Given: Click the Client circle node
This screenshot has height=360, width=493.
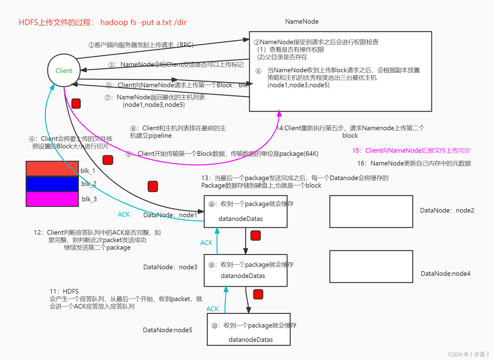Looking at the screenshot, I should pos(64,70).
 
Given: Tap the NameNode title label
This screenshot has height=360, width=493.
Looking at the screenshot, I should pos(301,22).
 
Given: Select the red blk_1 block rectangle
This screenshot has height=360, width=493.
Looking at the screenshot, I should pos(52,169).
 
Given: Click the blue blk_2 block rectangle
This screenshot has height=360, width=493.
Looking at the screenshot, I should pos(52,184).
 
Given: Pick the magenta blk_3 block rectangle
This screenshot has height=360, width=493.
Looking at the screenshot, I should pos(52,199).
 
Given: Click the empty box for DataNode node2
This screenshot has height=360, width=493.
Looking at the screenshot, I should pos(371,211).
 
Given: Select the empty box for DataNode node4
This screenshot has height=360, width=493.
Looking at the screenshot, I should pos(371,266).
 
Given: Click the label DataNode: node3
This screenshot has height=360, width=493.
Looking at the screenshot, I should pos(170,267).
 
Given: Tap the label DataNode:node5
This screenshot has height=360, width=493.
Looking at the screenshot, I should pos(167,330).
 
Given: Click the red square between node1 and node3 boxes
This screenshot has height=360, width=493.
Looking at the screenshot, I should pos(255,236).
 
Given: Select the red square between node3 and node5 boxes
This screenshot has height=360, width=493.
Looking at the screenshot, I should pos(258,294).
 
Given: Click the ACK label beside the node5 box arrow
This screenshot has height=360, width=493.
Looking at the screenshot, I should pos(212,309).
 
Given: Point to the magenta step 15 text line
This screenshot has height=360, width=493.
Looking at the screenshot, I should pos(411,151).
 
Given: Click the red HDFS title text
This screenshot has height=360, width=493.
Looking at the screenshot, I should pos(102,22).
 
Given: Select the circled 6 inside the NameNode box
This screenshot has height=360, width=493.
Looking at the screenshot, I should pos(258,71).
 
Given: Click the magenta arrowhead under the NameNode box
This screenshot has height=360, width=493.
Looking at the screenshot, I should pos(279,113).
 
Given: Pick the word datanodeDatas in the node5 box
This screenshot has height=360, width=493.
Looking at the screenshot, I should pos(250,340).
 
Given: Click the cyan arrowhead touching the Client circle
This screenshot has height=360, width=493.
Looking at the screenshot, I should pos(52,87).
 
